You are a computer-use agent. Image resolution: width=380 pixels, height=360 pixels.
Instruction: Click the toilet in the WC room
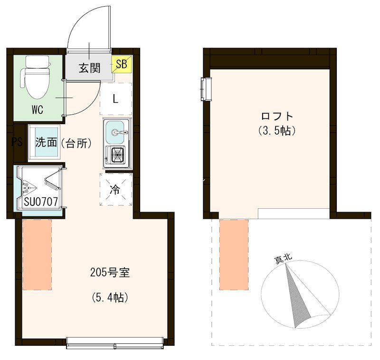click(x=37, y=77)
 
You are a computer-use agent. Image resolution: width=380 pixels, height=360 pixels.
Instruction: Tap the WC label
click(x=38, y=110)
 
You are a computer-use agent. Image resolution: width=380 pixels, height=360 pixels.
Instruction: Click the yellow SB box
click(x=122, y=64)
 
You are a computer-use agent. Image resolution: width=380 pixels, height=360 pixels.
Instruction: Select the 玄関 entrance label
click(x=89, y=68)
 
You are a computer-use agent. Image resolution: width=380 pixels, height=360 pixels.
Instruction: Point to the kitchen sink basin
click(x=115, y=132)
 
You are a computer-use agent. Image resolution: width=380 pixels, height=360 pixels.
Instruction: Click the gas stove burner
click(x=118, y=154)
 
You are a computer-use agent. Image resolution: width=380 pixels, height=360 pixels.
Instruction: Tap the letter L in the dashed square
click(x=115, y=99)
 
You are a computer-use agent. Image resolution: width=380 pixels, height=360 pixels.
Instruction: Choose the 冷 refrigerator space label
click(x=115, y=189)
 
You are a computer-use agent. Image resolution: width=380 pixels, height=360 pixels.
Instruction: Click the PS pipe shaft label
click(x=18, y=142)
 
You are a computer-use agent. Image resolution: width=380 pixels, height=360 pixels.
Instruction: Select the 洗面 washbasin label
click(x=46, y=142)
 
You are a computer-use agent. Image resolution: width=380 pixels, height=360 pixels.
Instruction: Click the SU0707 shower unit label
click(x=41, y=202)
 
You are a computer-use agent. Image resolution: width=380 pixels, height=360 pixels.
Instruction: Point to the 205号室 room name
click(x=110, y=273)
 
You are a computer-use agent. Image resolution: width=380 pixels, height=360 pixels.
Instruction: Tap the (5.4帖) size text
click(x=110, y=297)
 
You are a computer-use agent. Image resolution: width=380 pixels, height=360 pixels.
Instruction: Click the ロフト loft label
click(x=277, y=117)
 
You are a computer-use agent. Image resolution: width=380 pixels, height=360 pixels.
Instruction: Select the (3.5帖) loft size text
click(x=277, y=131)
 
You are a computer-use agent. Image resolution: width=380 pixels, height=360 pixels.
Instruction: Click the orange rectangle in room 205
click(x=37, y=255)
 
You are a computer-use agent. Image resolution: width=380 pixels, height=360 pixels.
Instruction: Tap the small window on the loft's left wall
click(x=206, y=89)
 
